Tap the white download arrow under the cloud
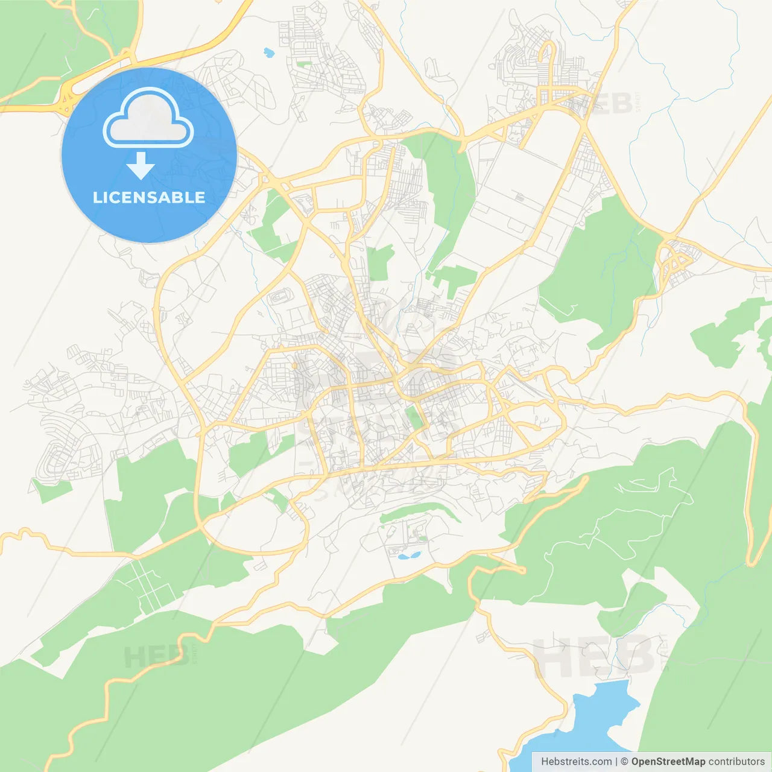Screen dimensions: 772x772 click(141, 166)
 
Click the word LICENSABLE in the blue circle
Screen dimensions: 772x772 click(149, 197)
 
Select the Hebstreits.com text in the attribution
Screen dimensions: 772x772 click(576, 762)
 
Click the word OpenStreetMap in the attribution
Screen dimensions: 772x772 click(668, 762)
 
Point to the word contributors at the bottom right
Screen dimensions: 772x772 click(736, 762)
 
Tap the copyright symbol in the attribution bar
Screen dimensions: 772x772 click(624, 762)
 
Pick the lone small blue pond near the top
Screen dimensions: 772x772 click(268, 52)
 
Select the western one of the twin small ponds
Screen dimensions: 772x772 click(402, 556)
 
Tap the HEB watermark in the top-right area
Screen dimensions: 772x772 click(603, 104)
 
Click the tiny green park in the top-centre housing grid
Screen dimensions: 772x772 click(304, 63)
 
